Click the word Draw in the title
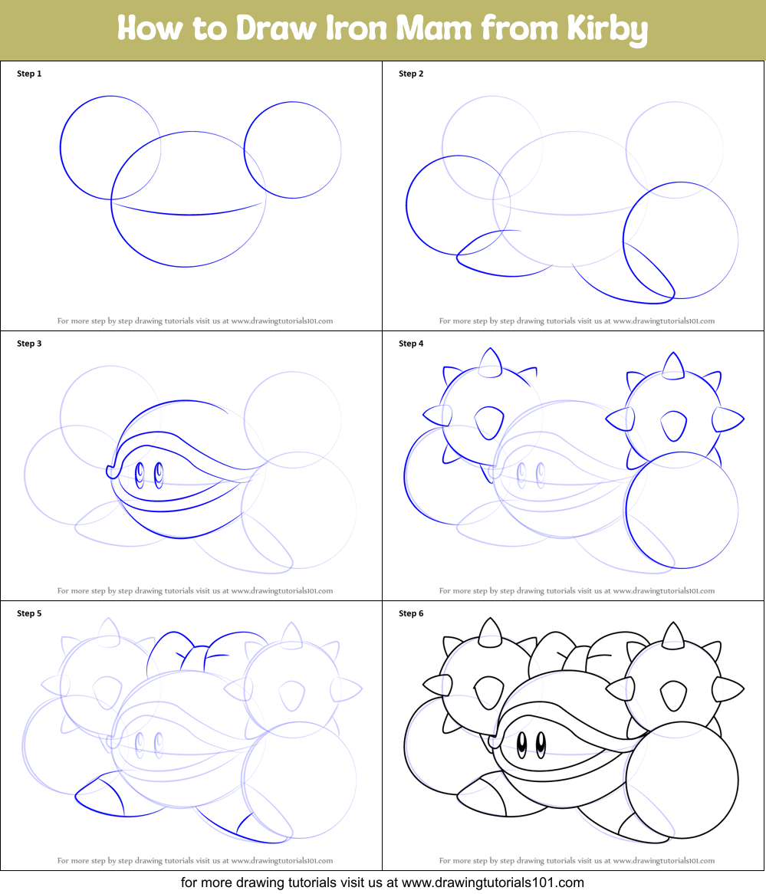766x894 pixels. coord(276,28)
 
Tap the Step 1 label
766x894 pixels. coord(29,74)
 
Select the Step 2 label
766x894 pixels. coord(411,74)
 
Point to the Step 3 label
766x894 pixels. coord(29,343)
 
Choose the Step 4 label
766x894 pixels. coord(411,343)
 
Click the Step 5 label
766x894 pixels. coord(29,613)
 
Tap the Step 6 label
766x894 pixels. coord(411,613)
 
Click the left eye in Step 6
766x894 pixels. coord(521,745)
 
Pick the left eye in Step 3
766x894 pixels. coord(140,475)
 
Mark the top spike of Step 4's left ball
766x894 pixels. coord(490,363)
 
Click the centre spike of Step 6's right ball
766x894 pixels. coord(673,695)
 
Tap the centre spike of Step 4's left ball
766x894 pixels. coord(488,422)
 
